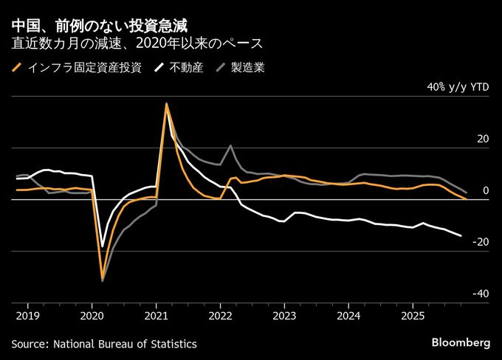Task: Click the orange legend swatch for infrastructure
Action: click(x=17, y=69)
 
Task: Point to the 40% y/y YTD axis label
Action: click(x=458, y=87)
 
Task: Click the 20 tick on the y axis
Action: click(x=484, y=139)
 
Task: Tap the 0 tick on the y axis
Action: click(x=486, y=191)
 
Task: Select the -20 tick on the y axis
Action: click(x=481, y=243)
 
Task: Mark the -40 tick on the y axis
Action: click(x=481, y=294)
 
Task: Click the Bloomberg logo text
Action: click(x=460, y=343)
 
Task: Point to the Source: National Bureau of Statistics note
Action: click(x=104, y=344)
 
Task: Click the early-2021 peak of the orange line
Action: click(x=167, y=104)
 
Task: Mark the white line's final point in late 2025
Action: click(x=461, y=236)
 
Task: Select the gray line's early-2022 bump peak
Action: click(x=231, y=145)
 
